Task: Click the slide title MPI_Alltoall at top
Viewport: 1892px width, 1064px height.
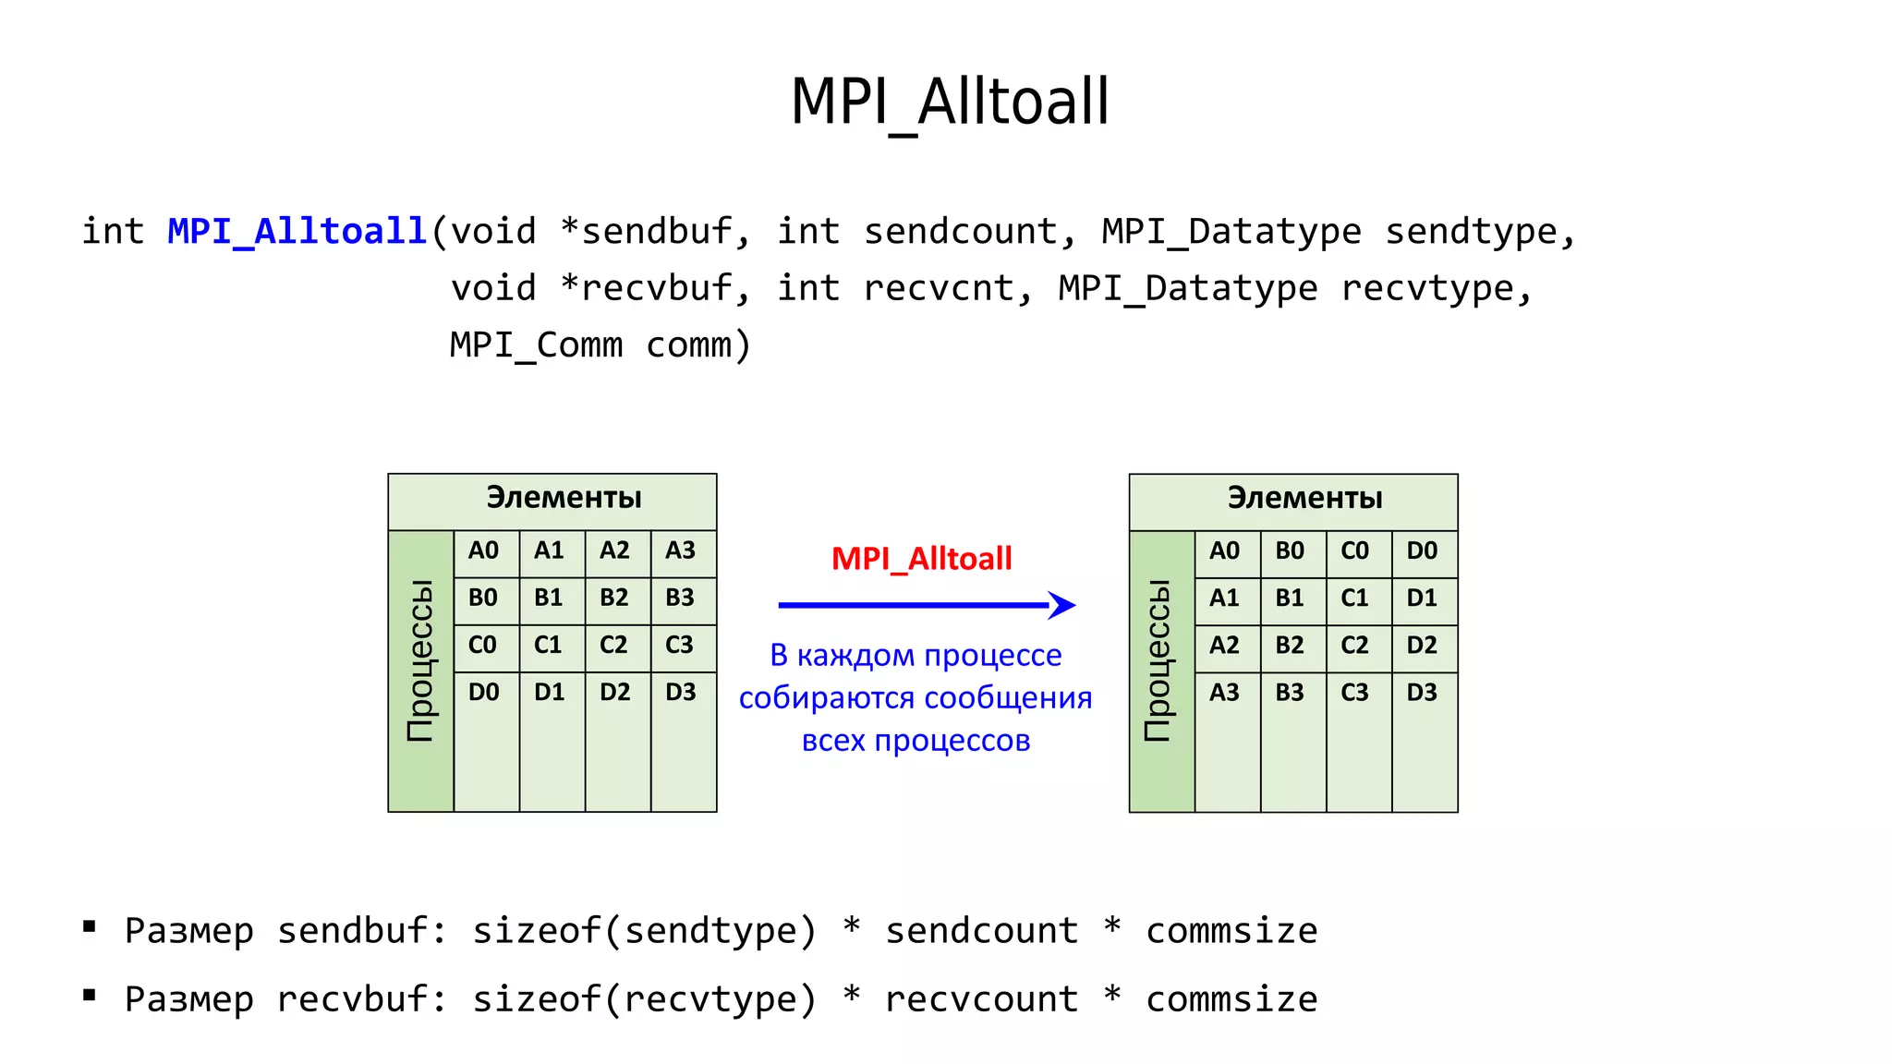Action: tap(950, 102)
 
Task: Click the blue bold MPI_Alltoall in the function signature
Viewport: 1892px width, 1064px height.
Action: tap(297, 231)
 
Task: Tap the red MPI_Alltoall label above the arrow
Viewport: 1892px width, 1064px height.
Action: tap(921, 559)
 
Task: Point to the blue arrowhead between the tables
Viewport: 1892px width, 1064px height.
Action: tap(1062, 605)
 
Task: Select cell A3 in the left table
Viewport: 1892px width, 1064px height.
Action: tap(681, 550)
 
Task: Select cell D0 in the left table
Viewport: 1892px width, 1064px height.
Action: tap(483, 692)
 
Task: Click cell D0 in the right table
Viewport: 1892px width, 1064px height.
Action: tap(1422, 551)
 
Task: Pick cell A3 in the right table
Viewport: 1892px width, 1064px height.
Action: tap(1224, 693)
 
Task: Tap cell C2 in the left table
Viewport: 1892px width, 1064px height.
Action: tap(614, 645)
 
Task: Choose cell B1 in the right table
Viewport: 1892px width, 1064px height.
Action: tap(1290, 598)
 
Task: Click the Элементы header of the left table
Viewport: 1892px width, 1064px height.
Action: tap(564, 498)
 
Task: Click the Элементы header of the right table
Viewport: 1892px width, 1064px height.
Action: tap(1304, 499)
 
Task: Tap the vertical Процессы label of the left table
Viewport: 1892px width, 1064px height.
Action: tap(420, 660)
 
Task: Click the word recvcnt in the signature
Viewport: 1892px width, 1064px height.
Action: tap(938, 288)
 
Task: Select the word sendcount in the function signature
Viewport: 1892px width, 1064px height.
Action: tap(960, 231)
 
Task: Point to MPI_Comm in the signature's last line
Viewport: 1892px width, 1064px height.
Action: tap(536, 345)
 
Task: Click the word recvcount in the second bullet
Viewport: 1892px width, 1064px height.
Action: tap(981, 999)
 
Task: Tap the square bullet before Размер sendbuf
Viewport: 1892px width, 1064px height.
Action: tap(90, 926)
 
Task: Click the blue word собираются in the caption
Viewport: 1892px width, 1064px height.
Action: tap(827, 698)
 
